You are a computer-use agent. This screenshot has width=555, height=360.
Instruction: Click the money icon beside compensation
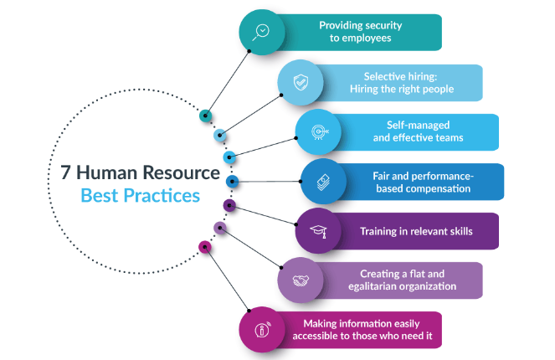[x=323, y=181]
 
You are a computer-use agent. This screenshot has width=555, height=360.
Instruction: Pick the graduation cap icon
[x=318, y=230]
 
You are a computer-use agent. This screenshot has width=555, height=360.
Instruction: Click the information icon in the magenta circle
[x=262, y=328]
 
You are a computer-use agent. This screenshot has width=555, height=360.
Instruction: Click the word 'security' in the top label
[x=375, y=26]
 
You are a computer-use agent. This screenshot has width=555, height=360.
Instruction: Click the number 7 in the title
[x=64, y=173]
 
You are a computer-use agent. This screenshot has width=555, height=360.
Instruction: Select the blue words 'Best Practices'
[x=140, y=197]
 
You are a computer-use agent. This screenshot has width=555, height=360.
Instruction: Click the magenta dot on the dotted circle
[x=203, y=246]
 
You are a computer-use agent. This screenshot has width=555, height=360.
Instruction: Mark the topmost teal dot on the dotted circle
[x=204, y=116]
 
